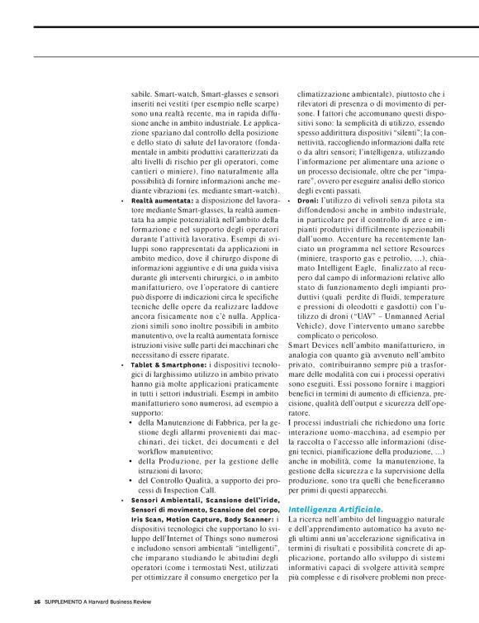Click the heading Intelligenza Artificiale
(335, 486)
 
